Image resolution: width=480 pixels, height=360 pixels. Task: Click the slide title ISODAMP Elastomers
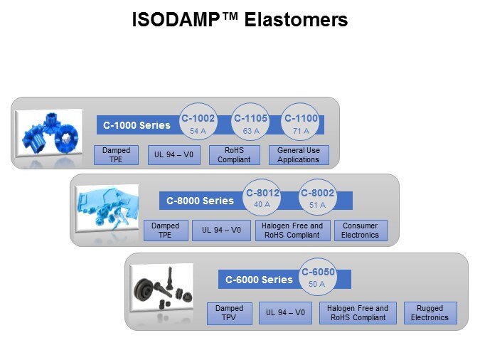(240, 20)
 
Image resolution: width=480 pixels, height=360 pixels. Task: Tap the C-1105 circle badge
(250, 124)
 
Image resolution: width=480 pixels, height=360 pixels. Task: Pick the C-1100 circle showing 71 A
(300, 124)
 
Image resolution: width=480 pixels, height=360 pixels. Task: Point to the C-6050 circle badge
(316, 277)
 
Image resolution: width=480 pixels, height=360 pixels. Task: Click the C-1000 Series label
(137, 126)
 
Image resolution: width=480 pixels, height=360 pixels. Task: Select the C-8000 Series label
(200, 201)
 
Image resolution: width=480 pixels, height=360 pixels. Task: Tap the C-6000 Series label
(259, 280)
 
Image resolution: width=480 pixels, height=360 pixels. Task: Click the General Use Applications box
(299, 155)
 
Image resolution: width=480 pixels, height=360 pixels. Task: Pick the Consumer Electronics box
(360, 231)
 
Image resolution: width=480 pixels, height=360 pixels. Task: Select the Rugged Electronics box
(430, 313)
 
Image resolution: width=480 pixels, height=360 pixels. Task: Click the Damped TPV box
(229, 313)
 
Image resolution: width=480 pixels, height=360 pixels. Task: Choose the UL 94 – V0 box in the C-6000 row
(285, 313)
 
